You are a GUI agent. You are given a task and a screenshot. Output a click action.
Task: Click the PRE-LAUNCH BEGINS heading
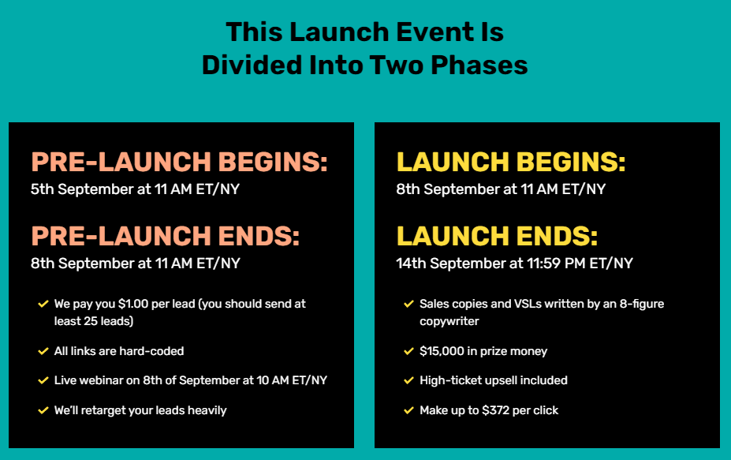(x=180, y=162)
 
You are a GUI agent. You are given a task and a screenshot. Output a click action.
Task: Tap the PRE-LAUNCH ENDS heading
(x=165, y=236)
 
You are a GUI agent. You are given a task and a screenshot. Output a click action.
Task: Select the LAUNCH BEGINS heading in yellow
(x=511, y=162)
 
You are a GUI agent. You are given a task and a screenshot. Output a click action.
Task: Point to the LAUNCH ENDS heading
(x=497, y=236)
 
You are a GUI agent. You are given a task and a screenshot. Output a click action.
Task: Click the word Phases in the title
(x=479, y=65)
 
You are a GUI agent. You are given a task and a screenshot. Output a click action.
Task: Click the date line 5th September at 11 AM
(x=135, y=189)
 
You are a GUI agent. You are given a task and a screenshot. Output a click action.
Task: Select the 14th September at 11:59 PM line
(x=515, y=264)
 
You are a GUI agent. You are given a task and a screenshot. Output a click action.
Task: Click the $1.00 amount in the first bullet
(x=133, y=305)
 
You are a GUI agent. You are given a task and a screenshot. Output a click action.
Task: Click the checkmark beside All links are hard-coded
(x=43, y=351)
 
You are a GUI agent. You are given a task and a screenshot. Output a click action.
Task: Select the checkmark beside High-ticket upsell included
(x=408, y=380)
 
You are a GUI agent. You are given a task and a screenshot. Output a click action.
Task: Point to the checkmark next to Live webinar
(x=43, y=380)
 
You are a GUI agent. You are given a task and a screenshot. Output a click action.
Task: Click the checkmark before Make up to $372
(x=408, y=410)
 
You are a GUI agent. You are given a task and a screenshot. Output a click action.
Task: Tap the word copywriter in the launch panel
(x=449, y=321)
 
